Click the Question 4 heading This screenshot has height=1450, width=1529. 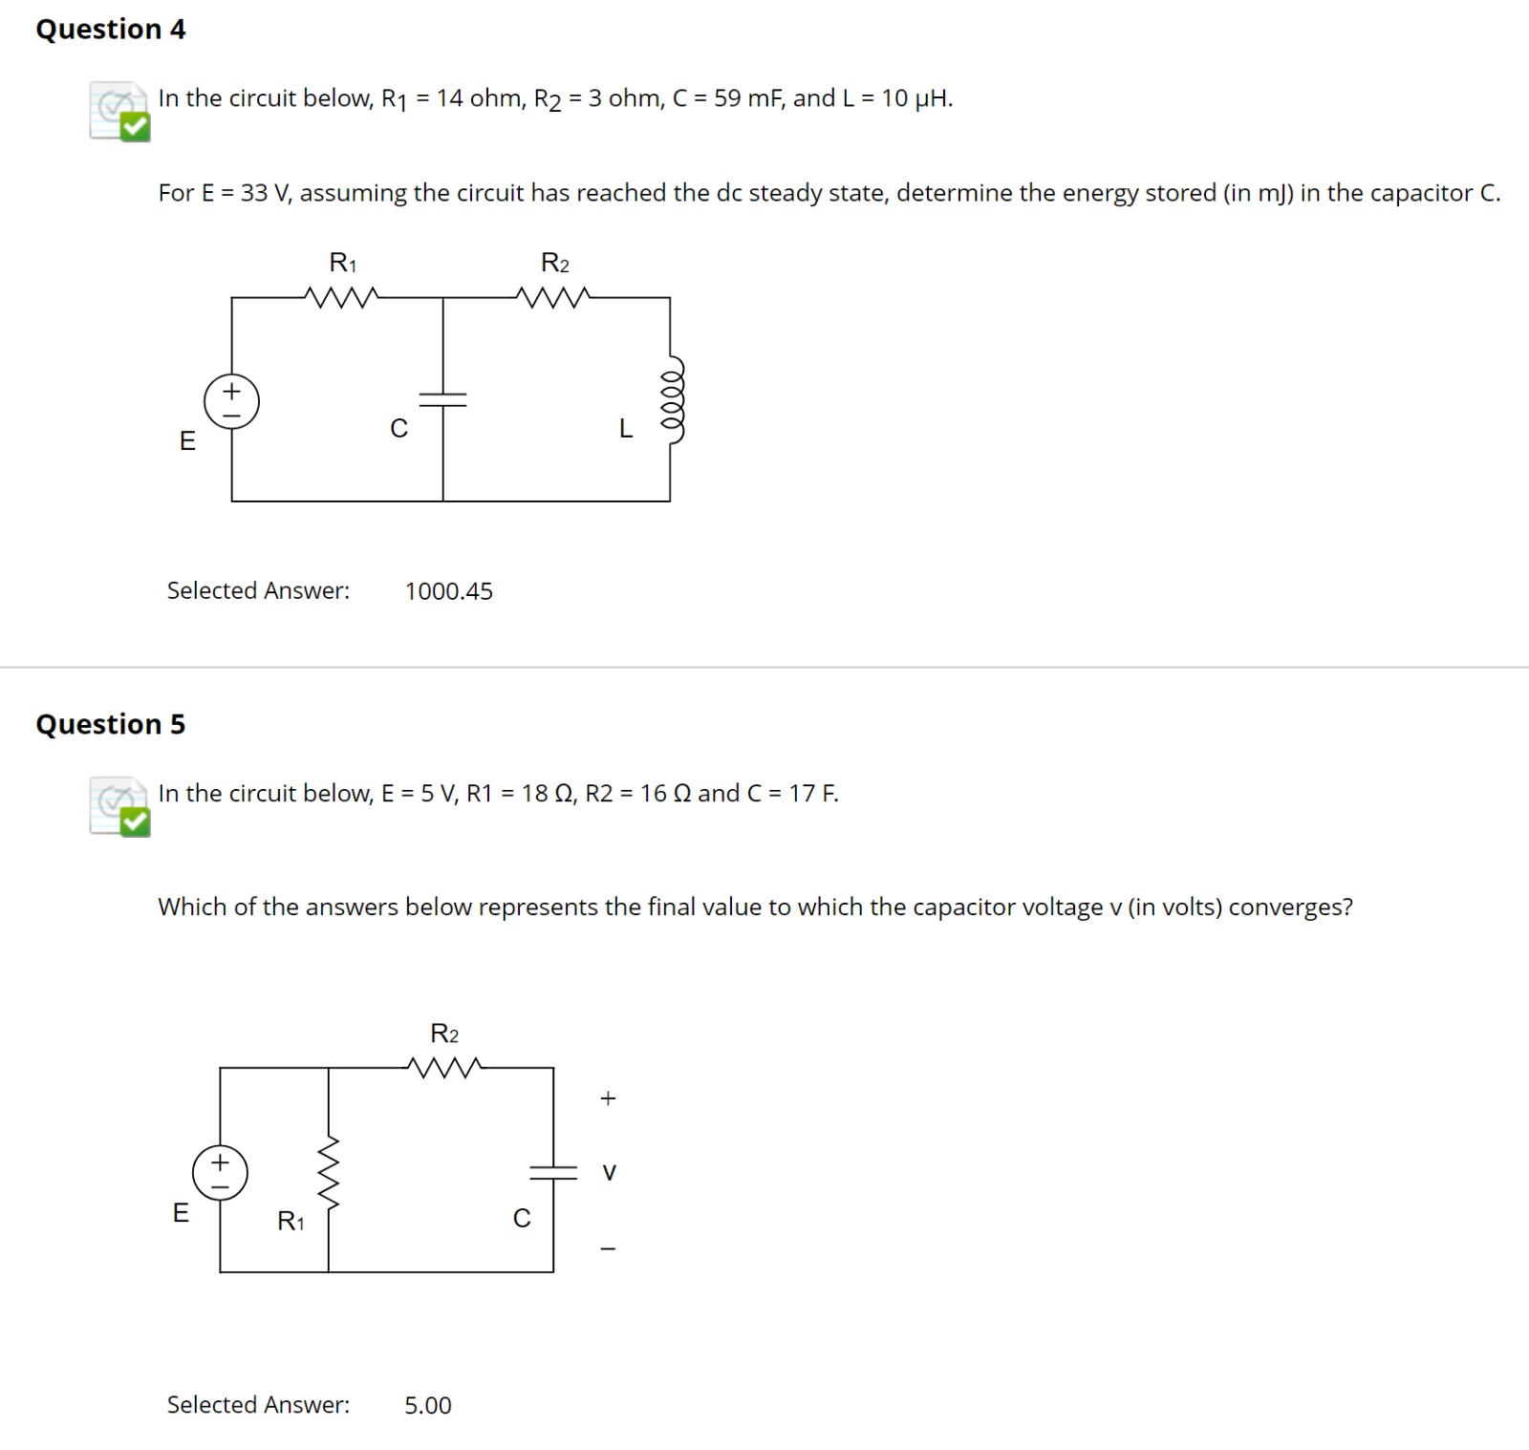coord(110,30)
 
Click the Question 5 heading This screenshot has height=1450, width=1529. coord(110,724)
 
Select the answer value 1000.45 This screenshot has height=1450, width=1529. coord(448,591)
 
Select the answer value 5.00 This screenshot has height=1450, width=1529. coord(427,1405)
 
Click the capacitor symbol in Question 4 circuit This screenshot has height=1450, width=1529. coord(443,399)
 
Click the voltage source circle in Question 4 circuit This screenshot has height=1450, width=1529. coord(231,401)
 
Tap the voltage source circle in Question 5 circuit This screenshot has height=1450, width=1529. coord(220,1173)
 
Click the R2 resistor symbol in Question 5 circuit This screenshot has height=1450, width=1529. coord(444,1067)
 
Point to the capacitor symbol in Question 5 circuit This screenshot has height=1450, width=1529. coord(553,1172)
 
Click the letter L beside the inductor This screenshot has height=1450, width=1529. coord(626,429)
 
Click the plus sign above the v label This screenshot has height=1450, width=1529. coord(608,1098)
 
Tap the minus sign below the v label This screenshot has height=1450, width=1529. coord(608,1248)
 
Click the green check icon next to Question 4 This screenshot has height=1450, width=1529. coord(135,126)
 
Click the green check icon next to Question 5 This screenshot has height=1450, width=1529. coord(135,821)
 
